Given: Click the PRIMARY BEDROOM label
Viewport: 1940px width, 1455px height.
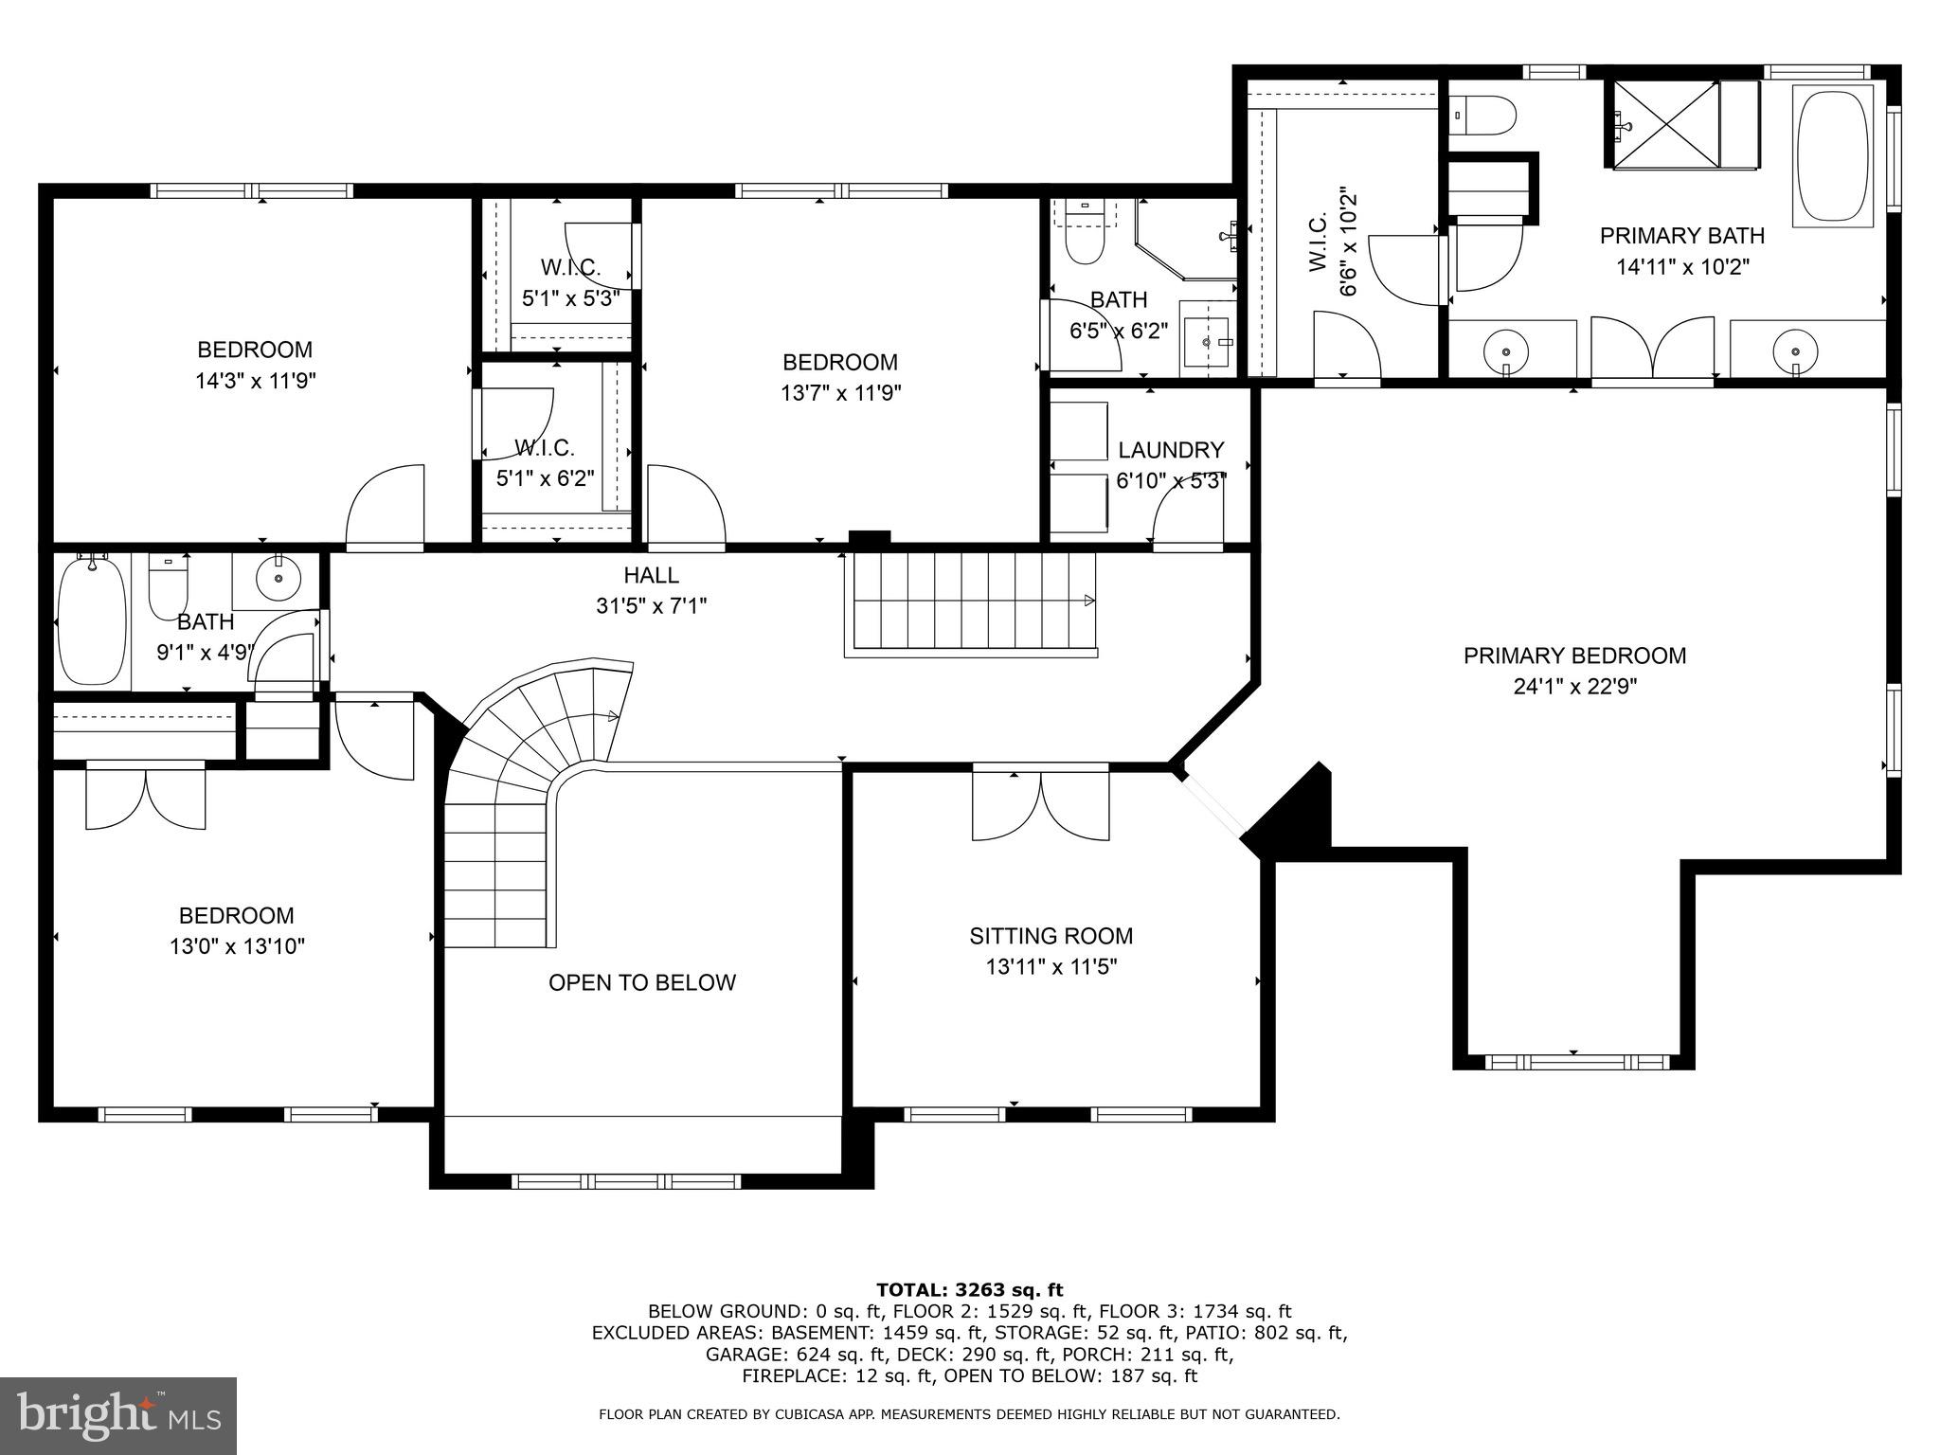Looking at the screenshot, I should point(1574,656).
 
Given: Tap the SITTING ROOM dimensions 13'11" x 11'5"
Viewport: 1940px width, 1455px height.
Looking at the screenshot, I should point(1051,967).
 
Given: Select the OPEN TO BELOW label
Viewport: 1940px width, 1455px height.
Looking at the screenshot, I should point(642,982).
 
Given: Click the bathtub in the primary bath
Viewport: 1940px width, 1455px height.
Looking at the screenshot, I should point(1834,155).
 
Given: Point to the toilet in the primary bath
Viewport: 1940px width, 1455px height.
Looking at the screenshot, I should point(1483,117).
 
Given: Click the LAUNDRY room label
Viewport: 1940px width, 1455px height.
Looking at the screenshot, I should point(1171,450).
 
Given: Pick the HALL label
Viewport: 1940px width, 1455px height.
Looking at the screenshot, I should point(651,575).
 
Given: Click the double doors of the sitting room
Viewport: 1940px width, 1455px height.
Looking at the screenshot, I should point(1040,805).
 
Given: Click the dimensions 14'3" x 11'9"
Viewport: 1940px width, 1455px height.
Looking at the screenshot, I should point(255,381).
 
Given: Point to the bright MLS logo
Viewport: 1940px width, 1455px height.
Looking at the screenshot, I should point(117,1415).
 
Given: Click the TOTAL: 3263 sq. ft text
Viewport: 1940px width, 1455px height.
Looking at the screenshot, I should point(969,1289).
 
